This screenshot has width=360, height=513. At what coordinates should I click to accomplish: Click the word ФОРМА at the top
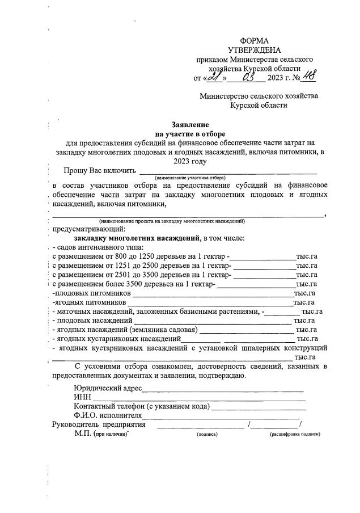[x=255, y=40]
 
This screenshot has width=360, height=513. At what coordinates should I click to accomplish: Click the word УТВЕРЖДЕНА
[x=255, y=50]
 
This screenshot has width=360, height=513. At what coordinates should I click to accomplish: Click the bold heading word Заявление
[x=190, y=124]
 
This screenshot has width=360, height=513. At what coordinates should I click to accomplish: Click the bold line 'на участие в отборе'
[x=190, y=134]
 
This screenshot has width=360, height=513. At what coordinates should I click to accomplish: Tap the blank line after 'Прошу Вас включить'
[x=228, y=171]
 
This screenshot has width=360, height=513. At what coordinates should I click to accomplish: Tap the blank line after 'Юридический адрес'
[x=222, y=389]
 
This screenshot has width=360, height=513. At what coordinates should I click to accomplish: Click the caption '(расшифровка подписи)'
[x=295, y=434]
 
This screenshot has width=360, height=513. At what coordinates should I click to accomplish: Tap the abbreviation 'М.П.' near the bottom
[x=83, y=434]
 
